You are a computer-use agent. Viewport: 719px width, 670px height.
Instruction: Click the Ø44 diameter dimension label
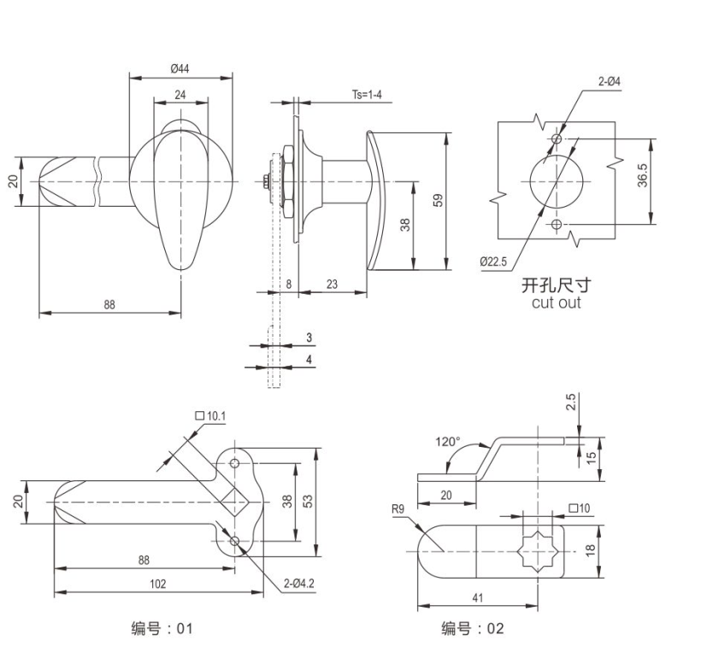click(x=180, y=68)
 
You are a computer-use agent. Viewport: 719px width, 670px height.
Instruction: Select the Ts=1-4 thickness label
click(x=367, y=95)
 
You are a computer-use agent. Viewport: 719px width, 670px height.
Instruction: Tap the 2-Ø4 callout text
click(x=610, y=81)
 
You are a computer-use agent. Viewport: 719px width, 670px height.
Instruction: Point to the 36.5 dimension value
click(x=642, y=175)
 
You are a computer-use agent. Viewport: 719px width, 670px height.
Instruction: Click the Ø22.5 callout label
click(x=493, y=262)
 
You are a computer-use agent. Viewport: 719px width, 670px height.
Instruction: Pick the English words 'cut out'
click(x=557, y=303)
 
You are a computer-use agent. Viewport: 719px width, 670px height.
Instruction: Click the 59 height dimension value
click(x=439, y=201)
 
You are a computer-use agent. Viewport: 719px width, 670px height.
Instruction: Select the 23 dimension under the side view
click(x=332, y=284)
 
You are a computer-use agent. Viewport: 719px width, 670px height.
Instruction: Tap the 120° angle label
click(x=447, y=442)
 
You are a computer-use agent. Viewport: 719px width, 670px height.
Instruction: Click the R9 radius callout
click(x=398, y=508)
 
